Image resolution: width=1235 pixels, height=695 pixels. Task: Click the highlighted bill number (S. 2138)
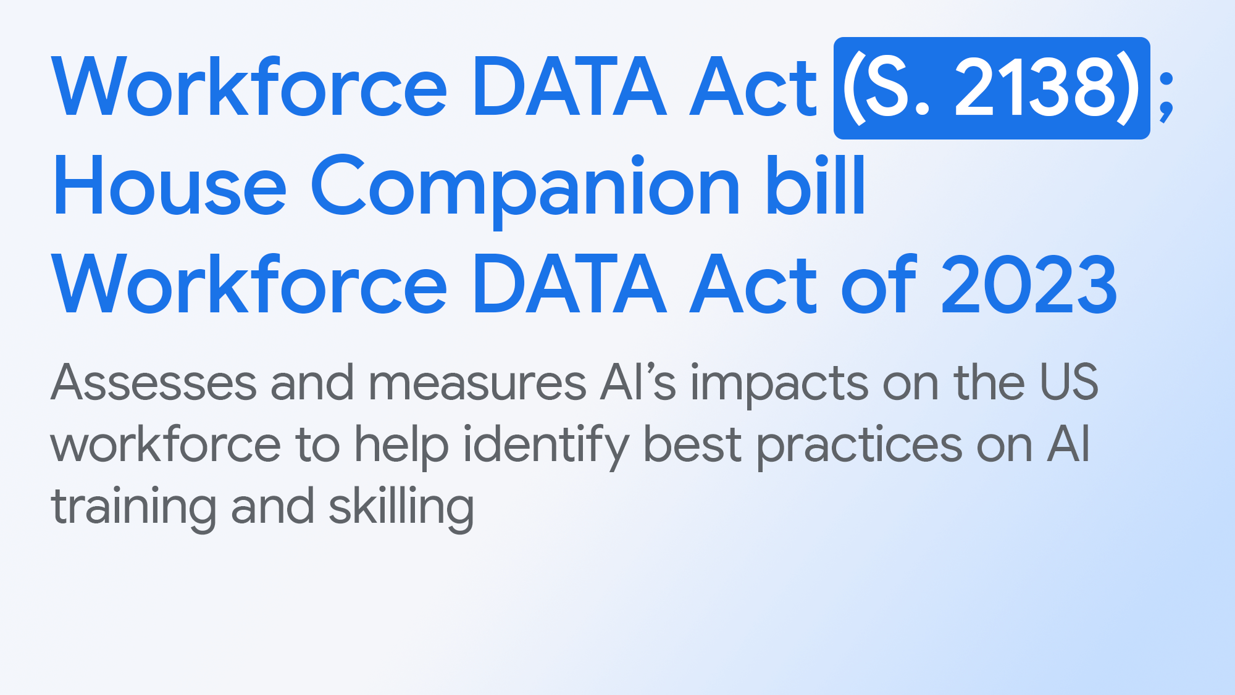991,88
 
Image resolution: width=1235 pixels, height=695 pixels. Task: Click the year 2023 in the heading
1029,285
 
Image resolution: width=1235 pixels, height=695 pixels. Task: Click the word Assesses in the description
154,383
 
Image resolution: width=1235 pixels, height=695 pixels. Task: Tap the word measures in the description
477,383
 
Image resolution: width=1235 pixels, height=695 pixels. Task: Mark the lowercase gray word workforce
166,444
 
